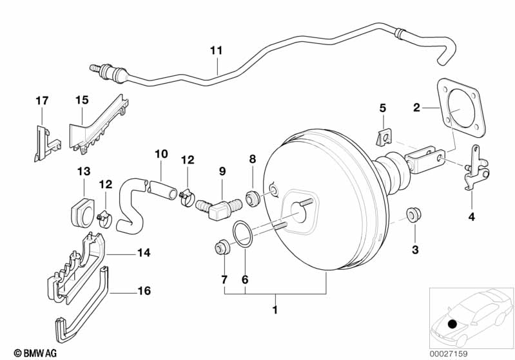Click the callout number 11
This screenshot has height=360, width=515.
pos(216,50)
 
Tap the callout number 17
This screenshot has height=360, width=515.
pos(42,100)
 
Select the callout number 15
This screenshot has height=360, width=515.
pos(82,100)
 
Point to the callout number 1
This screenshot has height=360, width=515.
pos(275,310)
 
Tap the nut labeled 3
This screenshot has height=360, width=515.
pos(414,214)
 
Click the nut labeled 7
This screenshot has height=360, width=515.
pos(222,248)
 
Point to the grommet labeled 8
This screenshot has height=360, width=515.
pos(253,198)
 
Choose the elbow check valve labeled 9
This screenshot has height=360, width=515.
pos(219,209)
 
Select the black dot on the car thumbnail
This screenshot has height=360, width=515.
pos(452,324)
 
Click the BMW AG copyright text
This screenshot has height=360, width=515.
pos(35,353)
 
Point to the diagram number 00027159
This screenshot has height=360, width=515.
pos(449,354)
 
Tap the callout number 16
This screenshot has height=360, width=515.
pos(144,290)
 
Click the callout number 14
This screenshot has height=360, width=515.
pos(144,252)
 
